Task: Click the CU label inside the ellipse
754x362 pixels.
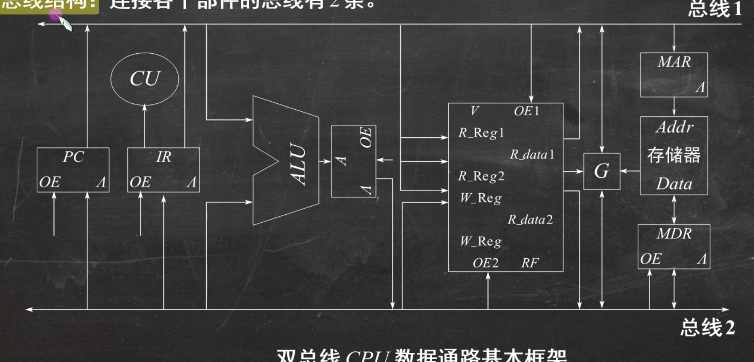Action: pos(145,78)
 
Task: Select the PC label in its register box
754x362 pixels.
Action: pos(73,157)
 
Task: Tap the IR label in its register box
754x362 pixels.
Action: pos(164,157)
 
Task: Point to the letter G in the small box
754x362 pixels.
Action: pos(601,171)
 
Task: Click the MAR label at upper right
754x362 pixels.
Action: pos(674,62)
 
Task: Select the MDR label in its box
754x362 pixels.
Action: pos(674,234)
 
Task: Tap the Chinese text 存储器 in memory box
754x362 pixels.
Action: pos(674,155)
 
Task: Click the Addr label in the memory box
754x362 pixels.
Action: pos(674,128)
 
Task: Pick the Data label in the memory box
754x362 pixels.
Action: pos(674,184)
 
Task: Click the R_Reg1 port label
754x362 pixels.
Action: pos(481,133)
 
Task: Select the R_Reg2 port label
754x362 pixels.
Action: pos(481,176)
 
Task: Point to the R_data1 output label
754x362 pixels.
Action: pos(532,154)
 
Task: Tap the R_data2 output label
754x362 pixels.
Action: pos(530,220)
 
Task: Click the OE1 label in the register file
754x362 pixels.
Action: pos(526,111)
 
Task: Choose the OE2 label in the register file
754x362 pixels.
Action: pos(485,263)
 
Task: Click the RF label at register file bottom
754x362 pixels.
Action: pos(529,263)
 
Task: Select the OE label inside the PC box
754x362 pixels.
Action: pos(50,182)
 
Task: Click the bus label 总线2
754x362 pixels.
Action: pos(707,327)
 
